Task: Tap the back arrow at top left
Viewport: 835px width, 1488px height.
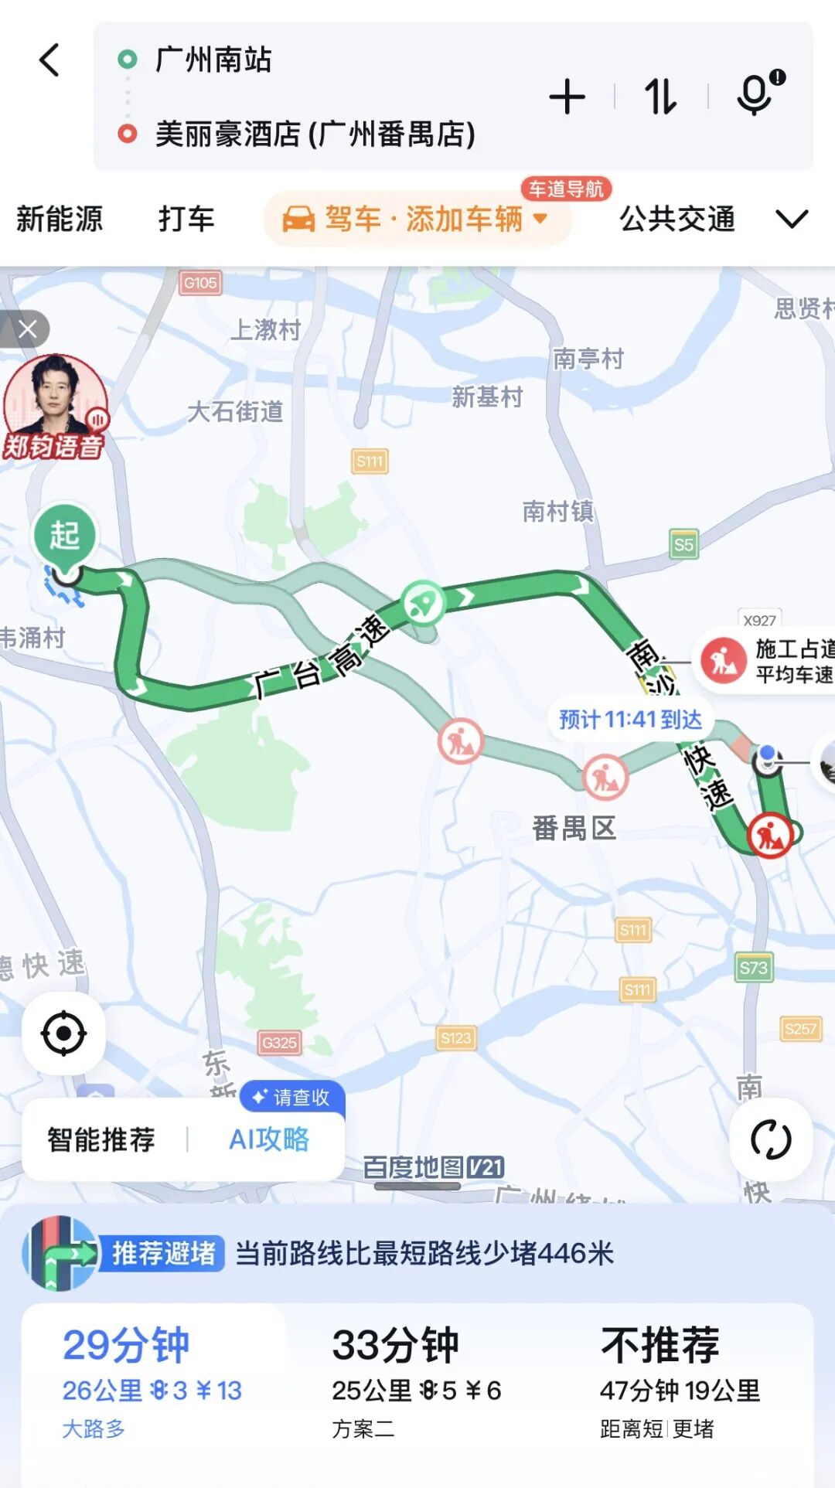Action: click(x=49, y=60)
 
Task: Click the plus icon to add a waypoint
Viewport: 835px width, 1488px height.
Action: click(x=567, y=97)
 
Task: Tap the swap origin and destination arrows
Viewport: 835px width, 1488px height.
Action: click(x=660, y=97)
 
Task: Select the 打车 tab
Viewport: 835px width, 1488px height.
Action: click(x=186, y=219)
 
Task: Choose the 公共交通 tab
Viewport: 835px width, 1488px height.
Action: click(x=677, y=219)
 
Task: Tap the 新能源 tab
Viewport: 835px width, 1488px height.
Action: click(x=60, y=219)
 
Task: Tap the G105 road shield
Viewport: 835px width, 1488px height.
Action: click(x=200, y=283)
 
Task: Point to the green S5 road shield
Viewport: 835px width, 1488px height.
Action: click(x=683, y=544)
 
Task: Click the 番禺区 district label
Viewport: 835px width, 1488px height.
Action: click(x=574, y=828)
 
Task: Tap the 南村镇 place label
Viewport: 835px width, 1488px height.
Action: click(x=557, y=511)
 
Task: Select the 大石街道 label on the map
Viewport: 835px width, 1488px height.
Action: click(x=235, y=411)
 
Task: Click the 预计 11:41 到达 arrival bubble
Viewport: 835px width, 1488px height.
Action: click(x=630, y=720)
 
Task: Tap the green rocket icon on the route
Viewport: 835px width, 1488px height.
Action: click(x=424, y=602)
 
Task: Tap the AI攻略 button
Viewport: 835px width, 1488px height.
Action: click(x=268, y=1139)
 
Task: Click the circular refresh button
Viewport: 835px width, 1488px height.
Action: click(x=771, y=1139)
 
